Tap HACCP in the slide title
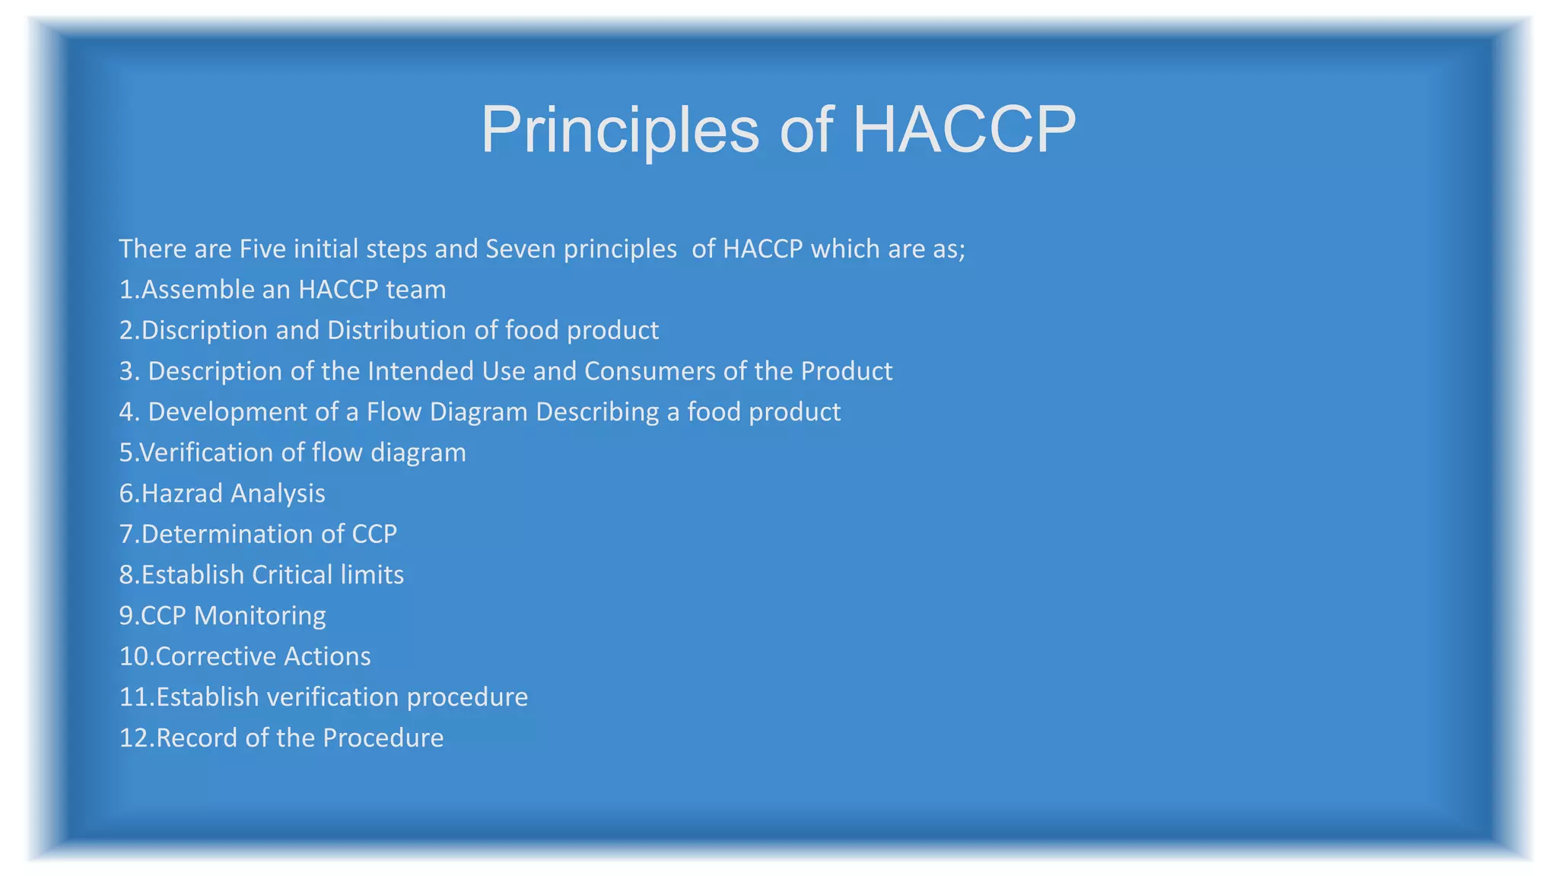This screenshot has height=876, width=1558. [x=963, y=129]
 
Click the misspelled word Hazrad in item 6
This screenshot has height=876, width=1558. [x=182, y=494]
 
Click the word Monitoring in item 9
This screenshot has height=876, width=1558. [x=260, y=615]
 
